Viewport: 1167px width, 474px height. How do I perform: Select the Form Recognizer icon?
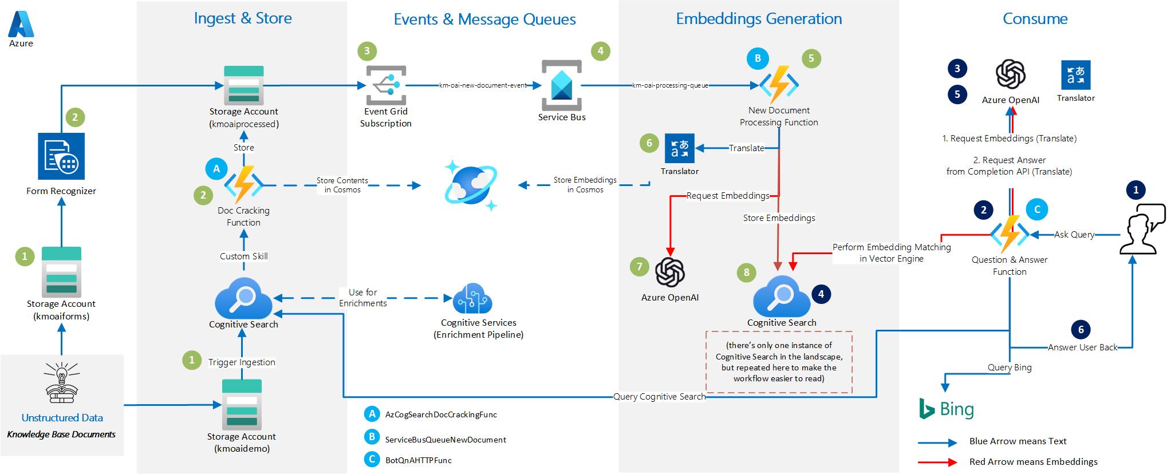coord(61,156)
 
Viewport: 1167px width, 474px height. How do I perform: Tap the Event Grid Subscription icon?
coord(385,85)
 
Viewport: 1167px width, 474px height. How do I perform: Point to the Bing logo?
coord(946,409)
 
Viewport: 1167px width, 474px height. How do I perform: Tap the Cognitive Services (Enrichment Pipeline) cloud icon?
coord(472,298)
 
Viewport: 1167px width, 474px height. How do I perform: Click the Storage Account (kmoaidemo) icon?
coord(242,404)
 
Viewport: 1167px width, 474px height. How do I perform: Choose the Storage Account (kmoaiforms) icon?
coord(61,271)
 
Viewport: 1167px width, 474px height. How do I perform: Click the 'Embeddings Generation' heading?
coord(759,19)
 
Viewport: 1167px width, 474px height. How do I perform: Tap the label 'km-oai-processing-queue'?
coord(670,85)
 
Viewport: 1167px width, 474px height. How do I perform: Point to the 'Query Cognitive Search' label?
coord(659,396)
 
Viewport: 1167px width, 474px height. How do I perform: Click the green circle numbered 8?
coord(746,272)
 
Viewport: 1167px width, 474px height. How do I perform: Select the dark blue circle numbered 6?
coord(1081,329)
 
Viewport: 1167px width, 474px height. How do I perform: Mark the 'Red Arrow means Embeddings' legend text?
coord(1033,461)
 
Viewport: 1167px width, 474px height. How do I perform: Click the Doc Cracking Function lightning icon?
coord(243,185)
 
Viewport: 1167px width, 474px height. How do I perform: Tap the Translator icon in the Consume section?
coord(1075,75)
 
